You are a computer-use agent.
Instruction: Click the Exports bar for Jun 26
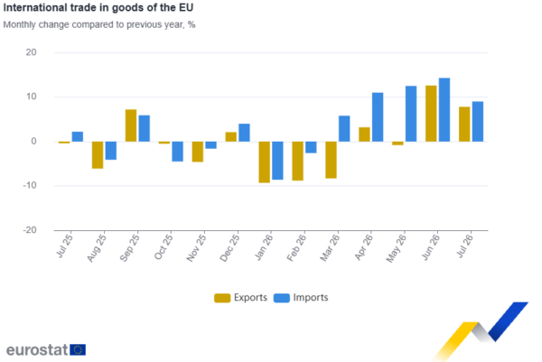[431, 114]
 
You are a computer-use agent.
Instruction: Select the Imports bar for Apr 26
[378, 117]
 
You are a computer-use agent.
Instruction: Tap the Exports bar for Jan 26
[265, 162]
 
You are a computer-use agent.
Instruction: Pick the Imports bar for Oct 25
[178, 152]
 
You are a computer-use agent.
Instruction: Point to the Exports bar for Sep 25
[131, 125]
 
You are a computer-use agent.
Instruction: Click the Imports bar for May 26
[411, 114]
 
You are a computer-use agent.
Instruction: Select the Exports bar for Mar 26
[332, 160]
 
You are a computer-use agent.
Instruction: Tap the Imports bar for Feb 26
[311, 147]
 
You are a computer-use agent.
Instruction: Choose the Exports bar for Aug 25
[98, 155]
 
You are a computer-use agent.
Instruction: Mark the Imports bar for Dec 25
[245, 133]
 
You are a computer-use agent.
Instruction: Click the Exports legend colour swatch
[222, 298]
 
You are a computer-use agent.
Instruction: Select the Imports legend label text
[311, 297]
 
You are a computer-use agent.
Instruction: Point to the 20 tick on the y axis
[31, 52]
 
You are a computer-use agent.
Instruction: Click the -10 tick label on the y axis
[30, 185]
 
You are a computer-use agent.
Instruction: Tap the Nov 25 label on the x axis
[196, 247]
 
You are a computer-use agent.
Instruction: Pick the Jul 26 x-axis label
[465, 246]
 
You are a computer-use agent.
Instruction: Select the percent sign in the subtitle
[192, 25]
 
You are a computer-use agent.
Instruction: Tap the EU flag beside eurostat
[78, 349]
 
